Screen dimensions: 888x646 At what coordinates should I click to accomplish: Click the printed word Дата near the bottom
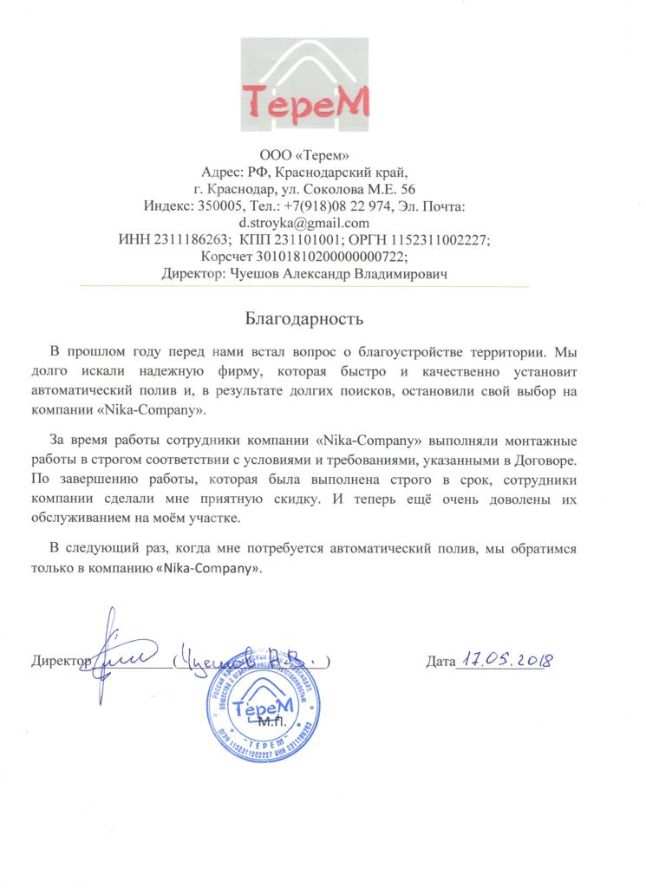click(x=440, y=663)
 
